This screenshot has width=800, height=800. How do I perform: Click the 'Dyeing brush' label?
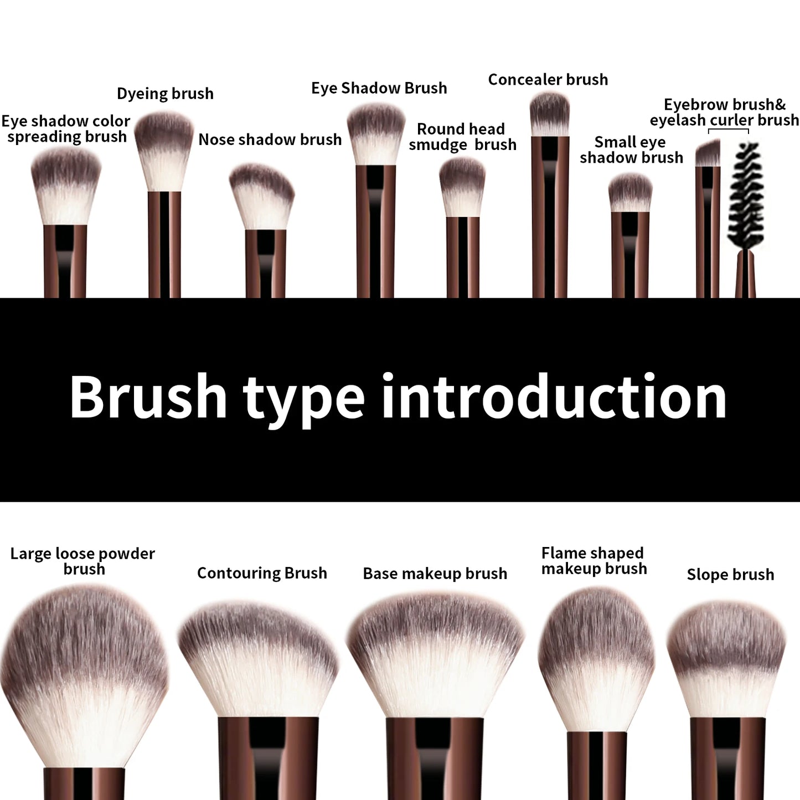[x=165, y=94]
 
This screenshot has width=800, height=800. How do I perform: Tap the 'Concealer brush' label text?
[x=548, y=80]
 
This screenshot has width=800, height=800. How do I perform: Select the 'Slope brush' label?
[x=730, y=575]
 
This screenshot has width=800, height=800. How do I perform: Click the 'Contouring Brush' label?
[x=262, y=573]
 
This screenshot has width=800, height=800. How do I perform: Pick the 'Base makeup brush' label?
[x=435, y=574]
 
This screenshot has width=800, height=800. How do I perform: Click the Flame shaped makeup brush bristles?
[x=596, y=659]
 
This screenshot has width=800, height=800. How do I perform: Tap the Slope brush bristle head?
[x=726, y=659]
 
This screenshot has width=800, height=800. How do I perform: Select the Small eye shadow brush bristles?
[x=630, y=193]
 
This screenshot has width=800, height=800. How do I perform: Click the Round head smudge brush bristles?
[x=462, y=187]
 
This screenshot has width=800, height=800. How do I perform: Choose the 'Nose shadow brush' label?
[x=270, y=140]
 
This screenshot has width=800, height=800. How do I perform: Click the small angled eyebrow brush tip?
[x=708, y=153]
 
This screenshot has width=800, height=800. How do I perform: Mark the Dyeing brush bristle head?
[x=164, y=149]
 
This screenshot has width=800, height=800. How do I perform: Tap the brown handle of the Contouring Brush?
[x=269, y=758]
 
